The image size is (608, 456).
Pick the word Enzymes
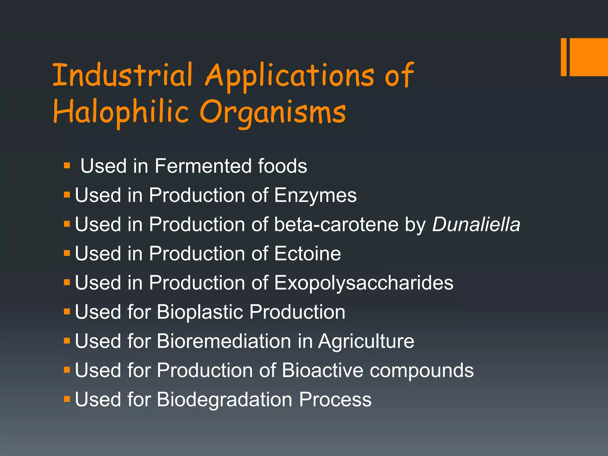coord(315,195)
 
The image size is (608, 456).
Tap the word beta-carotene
coord(336,224)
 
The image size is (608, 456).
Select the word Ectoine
coord(308,254)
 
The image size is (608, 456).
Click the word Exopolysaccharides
coord(364,283)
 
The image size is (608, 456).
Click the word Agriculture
coord(366,341)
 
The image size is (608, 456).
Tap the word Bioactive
coord(323,370)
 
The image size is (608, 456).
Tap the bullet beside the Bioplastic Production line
coord(67,311)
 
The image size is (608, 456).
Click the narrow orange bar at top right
coord(563,57)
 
